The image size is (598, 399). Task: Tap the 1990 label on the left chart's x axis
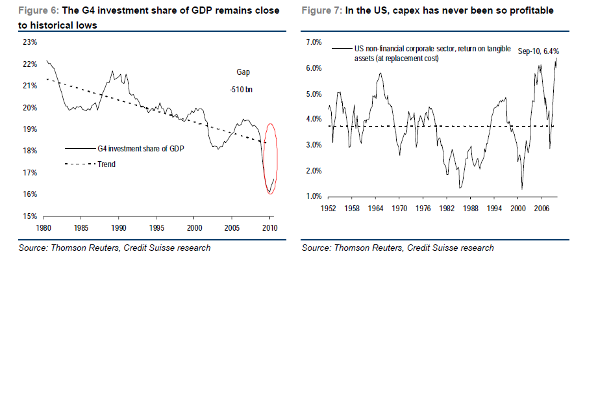click(119, 228)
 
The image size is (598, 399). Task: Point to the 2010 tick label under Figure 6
click(269, 228)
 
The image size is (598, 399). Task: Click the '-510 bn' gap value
click(241, 90)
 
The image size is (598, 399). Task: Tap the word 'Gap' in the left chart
click(242, 72)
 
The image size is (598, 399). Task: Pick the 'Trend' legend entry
click(106, 164)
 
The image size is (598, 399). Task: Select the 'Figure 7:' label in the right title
click(321, 11)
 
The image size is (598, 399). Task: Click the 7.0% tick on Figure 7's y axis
click(314, 42)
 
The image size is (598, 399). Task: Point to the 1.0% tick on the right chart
click(314, 196)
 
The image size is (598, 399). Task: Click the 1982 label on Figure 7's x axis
click(447, 209)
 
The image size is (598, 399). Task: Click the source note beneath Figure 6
click(114, 248)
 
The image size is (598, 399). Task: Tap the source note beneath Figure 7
click(397, 248)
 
